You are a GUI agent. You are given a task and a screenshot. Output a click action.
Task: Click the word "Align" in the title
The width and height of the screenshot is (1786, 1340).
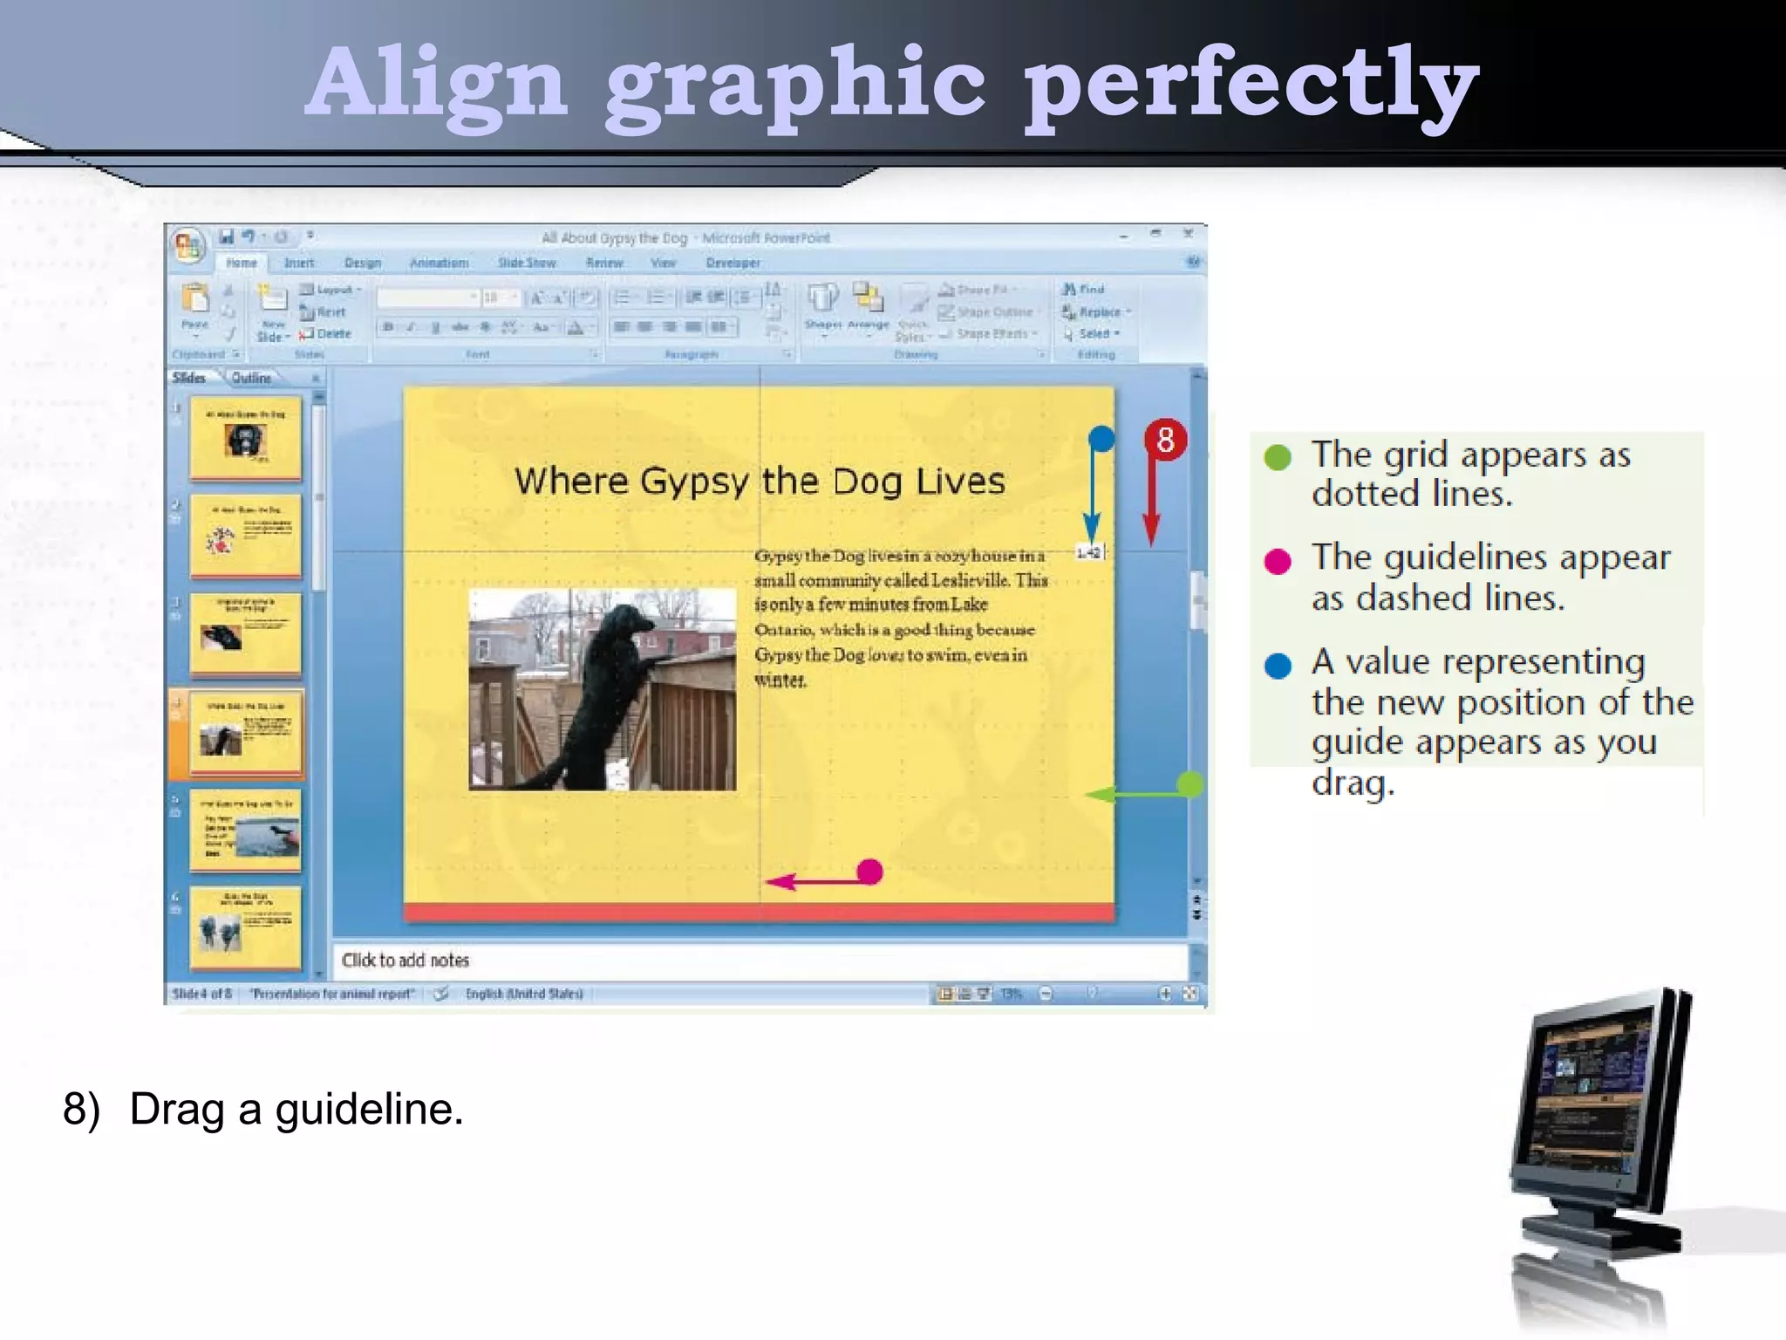[436, 84]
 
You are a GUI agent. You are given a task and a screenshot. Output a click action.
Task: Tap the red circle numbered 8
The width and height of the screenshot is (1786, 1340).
[1165, 440]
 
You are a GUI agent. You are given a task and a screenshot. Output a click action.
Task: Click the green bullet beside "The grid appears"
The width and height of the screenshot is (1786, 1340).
[1278, 457]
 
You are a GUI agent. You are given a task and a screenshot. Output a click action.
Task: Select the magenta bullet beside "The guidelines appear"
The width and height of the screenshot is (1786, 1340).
[1278, 561]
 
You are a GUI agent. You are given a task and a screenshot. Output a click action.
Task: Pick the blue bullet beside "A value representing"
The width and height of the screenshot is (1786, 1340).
[1278, 666]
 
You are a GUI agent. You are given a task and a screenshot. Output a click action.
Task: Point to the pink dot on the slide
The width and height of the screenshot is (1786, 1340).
[869, 872]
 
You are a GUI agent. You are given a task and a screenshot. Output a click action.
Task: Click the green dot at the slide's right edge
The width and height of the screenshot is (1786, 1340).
[1190, 784]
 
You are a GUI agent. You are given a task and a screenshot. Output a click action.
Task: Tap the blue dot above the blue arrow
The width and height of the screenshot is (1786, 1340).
[1101, 439]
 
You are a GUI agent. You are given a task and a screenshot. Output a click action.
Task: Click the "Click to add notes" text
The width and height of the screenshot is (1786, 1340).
[406, 961]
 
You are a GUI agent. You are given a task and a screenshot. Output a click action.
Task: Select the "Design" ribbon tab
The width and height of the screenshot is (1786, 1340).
[363, 263]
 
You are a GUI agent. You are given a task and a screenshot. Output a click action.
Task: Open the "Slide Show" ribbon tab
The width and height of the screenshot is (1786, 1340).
[527, 263]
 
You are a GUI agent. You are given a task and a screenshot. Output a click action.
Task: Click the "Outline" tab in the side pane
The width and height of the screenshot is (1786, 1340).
[251, 378]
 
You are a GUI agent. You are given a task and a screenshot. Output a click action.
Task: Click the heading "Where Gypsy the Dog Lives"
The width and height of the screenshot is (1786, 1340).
[759, 482]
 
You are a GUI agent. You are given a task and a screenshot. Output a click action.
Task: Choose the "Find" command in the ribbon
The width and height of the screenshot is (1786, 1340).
[1085, 290]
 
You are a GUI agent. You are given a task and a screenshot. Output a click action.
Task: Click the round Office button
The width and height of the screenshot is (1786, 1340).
[187, 245]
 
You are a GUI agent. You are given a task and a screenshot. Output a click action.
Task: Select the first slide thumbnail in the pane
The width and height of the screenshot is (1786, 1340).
[245, 437]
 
